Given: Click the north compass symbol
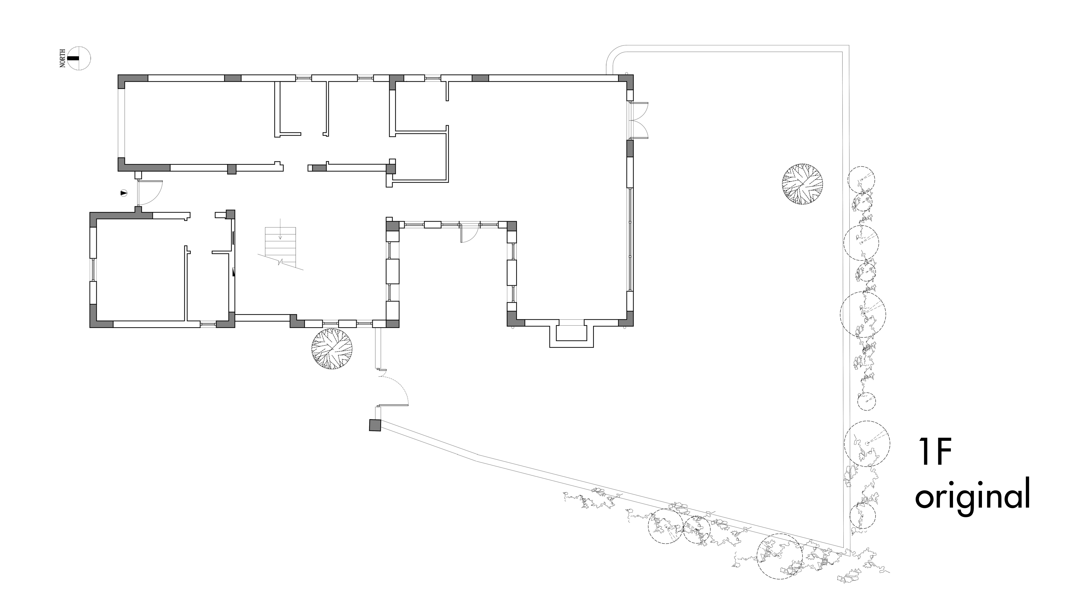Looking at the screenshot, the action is [79, 58].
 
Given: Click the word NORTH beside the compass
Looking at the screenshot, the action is [63, 58].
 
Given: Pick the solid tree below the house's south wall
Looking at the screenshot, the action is [332, 349].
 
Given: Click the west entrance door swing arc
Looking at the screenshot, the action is [157, 191].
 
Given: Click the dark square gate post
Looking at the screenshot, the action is [375, 425].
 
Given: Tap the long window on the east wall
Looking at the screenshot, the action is [630, 239].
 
